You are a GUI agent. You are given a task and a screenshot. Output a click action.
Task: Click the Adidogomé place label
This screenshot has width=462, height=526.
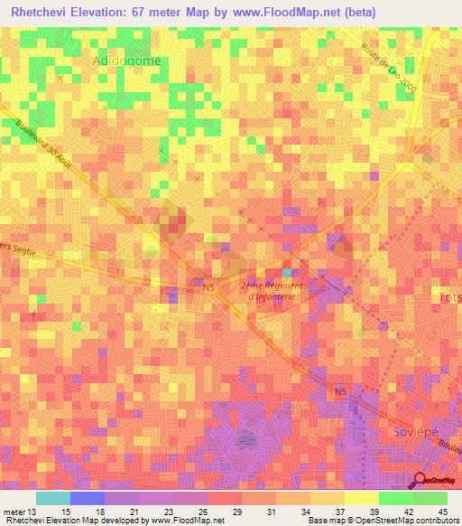(127, 60)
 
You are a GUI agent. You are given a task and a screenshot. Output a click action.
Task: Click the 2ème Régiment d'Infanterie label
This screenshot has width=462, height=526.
(272, 290)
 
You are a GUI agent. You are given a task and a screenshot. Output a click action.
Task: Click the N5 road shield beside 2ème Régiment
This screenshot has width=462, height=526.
(208, 287)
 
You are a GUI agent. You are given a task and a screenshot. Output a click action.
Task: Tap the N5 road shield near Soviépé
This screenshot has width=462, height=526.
(339, 391)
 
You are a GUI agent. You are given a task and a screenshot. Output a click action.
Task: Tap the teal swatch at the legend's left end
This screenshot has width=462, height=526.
(52, 498)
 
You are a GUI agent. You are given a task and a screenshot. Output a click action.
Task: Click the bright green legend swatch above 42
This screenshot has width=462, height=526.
(395, 498)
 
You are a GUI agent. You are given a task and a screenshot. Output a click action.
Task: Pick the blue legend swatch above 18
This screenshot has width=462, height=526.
(87, 498)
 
